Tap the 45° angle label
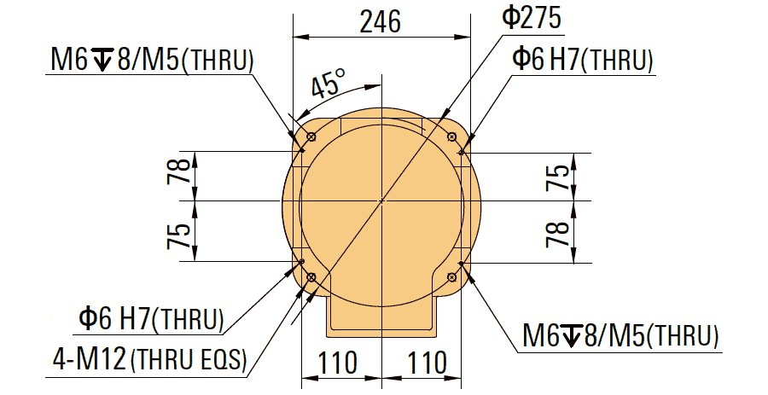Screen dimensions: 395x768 coord(327,84)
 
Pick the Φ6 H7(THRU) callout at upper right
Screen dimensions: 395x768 coord(583,59)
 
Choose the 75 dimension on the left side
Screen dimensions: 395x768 coord(178,231)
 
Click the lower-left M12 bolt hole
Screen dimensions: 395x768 coord(311,277)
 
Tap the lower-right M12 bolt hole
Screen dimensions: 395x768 coord(452,277)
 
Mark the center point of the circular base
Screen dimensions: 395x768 coord(382,201)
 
